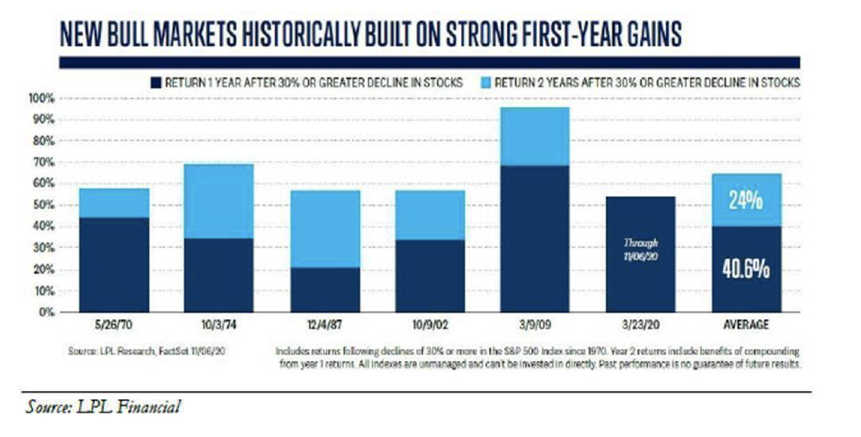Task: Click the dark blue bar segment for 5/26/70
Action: pyautogui.click(x=114, y=265)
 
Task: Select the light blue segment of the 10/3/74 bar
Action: pyautogui.click(x=219, y=201)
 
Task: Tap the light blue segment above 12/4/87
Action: pyautogui.click(x=325, y=229)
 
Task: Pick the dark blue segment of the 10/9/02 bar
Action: pyautogui.click(x=430, y=276)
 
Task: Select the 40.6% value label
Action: pyautogui.click(x=746, y=270)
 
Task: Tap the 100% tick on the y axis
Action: pyautogui.click(x=42, y=99)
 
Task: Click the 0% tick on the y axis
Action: pyautogui.click(x=47, y=312)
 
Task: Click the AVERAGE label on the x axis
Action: pyautogui.click(x=746, y=325)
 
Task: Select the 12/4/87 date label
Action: pyautogui.click(x=325, y=325)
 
